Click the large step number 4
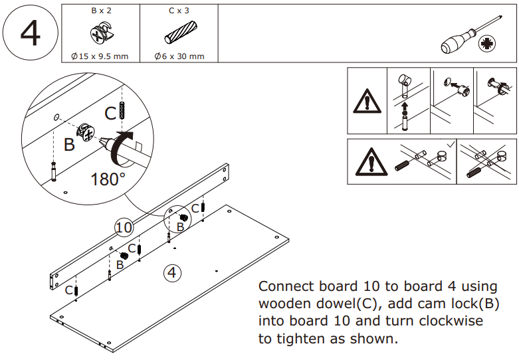coord(30,33)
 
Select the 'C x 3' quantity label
coord(178,12)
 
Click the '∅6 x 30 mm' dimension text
coord(179,56)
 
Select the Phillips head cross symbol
coord(488,45)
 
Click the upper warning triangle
coord(366,102)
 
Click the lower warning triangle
coord(366,161)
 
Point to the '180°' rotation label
coord(108,179)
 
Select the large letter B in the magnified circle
coord(69,144)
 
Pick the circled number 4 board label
coord(172,272)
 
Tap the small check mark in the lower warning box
coord(450,144)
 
